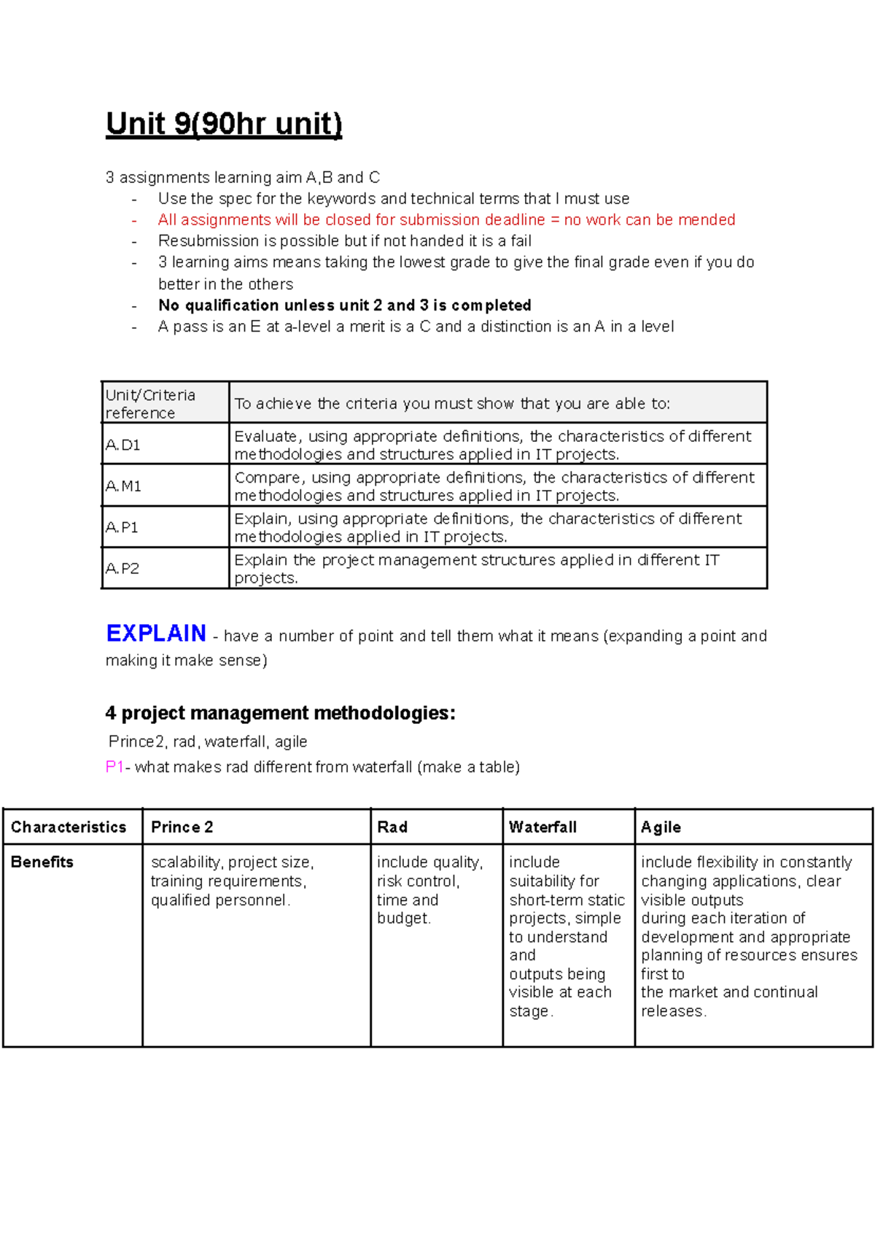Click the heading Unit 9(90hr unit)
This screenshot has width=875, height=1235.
tap(224, 123)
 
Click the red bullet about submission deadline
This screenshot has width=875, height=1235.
tap(446, 219)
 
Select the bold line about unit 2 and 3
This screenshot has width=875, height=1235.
tap(344, 305)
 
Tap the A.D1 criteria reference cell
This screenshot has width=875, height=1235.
tap(123, 445)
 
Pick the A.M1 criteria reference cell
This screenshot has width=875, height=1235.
tap(123, 486)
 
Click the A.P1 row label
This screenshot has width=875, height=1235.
tap(122, 527)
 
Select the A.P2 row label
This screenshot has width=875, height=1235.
tap(122, 568)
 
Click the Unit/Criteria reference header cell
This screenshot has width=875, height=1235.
tap(150, 403)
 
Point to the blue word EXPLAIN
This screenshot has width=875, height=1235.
tap(156, 633)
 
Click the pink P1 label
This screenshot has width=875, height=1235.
tap(114, 766)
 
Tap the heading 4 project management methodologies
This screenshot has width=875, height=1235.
tap(280, 712)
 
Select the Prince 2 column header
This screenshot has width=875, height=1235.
tap(182, 827)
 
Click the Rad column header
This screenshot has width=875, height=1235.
tap(392, 827)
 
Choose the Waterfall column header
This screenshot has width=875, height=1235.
tap(542, 827)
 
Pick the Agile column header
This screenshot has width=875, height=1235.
tap(661, 827)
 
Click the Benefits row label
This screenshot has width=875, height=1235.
tap(42, 862)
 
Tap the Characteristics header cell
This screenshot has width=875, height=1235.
tap(69, 827)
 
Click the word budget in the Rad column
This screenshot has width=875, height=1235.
tap(402, 918)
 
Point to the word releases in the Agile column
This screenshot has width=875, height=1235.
tap(672, 1011)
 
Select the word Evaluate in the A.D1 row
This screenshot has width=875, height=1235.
tap(265, 436)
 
